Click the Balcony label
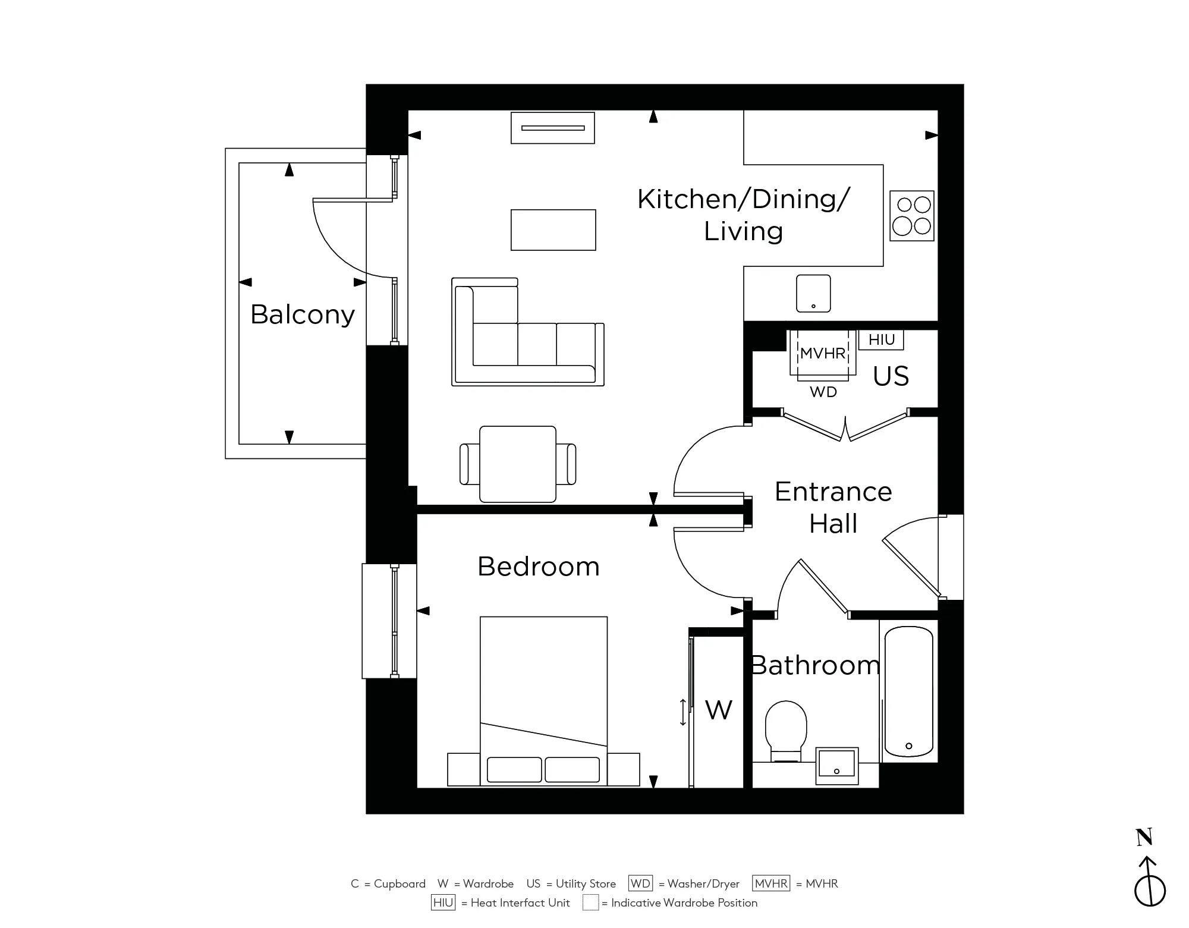click(302, 314)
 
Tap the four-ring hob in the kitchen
click(911, 216)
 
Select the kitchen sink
click(813, 293)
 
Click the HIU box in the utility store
click(881, 339)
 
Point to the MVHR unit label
click(823, 353)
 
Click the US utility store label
click(891, 376)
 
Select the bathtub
click(908, 691)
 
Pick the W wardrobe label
click(718, 710)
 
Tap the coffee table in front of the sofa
click(553, 230)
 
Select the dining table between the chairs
click(518, 464)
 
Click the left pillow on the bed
click(514, 769)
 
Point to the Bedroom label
click(538, 567)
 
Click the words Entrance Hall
click(833, 508)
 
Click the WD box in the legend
click(640, 883)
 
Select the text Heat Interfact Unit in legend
click(520, 903)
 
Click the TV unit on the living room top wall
click(553, 128)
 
